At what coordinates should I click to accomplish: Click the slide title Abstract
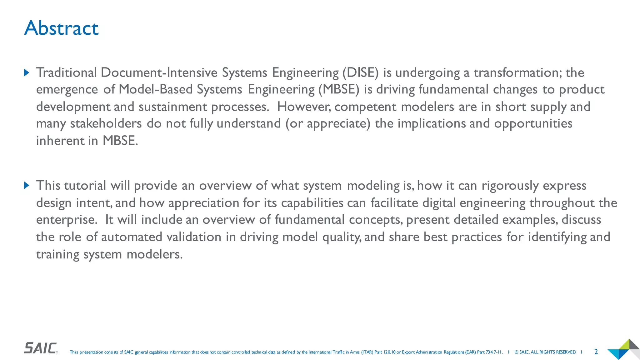tap(61, 28)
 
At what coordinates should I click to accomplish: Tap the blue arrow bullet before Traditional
tap(27, 73)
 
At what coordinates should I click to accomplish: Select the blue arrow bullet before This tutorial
tap(27, 186)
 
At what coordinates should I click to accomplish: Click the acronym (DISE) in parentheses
tap(360, 72)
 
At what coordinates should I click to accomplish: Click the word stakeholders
tap(106, 123)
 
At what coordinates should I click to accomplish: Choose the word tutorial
tap(85, 186)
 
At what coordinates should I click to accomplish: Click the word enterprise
tap(65, 220)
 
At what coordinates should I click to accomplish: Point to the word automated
tap(132, 237)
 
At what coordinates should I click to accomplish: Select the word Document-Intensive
tap(159, 72)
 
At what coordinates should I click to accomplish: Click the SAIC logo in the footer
tap(41, 348)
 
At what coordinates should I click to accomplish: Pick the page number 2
tap(596, 352)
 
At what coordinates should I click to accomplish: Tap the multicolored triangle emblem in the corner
tap(623, 349)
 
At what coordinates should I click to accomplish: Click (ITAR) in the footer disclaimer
tap(367, 352)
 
